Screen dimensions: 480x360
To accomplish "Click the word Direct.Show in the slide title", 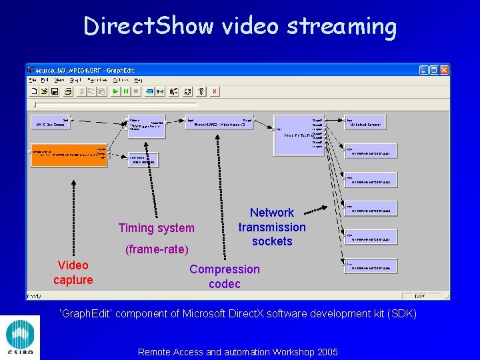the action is click(x=148, y=27).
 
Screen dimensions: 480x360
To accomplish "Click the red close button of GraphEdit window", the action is click(x=445, y=69).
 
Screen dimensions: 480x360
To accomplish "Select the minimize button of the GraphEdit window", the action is click(x=424, y=69).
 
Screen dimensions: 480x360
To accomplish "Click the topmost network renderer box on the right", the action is click(x=371, y=124).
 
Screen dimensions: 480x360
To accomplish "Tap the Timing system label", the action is click(x=156, y=228).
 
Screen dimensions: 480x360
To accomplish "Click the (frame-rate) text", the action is click(x=157, y=249).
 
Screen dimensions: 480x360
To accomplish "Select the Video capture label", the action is click(x=73, y=273).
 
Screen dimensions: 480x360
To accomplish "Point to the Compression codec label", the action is click(x=225, y=277).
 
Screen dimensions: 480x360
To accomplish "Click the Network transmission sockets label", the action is click(x=272, y=227).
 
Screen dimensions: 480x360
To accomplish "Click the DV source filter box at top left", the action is click(x=51, y=124).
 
